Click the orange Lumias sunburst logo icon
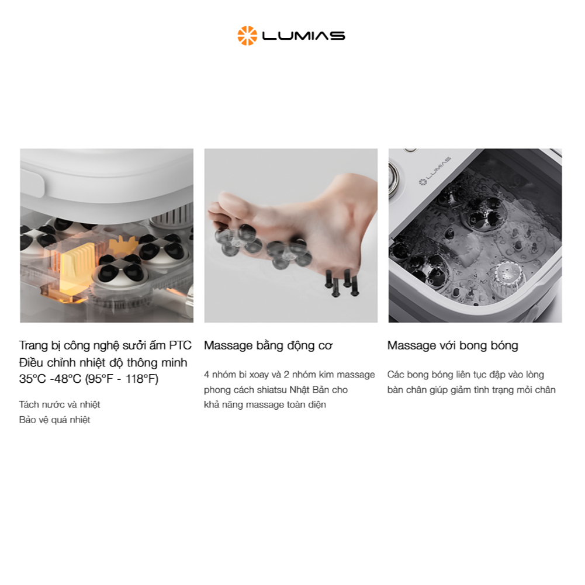[247, 36]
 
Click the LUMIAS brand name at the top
[304, 36]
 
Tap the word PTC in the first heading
[180, 345]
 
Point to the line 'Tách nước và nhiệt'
[60, 405]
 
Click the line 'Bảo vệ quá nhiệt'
[55, 420]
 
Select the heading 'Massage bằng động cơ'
[268, 346]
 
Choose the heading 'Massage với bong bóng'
[452, 346]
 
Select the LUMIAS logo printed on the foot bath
[435, 171]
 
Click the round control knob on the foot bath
[394, 179]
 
